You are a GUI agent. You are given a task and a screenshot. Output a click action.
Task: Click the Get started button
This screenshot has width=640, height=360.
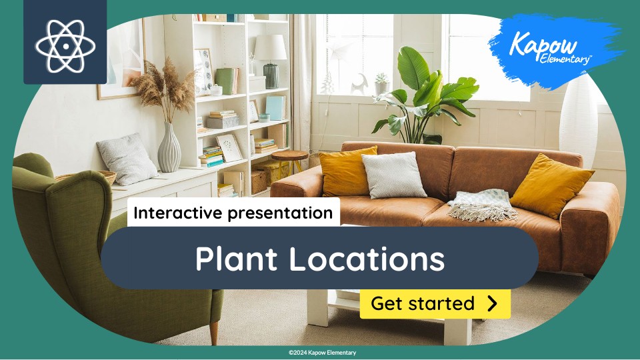click(435, 304)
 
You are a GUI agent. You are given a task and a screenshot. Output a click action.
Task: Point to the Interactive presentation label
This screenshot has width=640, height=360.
click(233, 213)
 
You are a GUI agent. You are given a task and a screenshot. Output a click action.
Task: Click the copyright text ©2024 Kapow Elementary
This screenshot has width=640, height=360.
click(323, 352)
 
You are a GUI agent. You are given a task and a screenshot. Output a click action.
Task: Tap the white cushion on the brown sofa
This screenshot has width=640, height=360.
click(394, 174)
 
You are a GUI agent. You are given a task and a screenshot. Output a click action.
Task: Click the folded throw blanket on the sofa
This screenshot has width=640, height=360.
click(482, 203)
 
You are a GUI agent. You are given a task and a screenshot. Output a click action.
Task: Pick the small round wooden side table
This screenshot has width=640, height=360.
click(290, 157)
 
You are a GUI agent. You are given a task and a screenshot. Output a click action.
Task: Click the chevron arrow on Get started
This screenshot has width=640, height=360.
click(492, 304)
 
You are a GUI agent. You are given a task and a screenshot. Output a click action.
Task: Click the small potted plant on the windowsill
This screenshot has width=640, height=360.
click(381, 84)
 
